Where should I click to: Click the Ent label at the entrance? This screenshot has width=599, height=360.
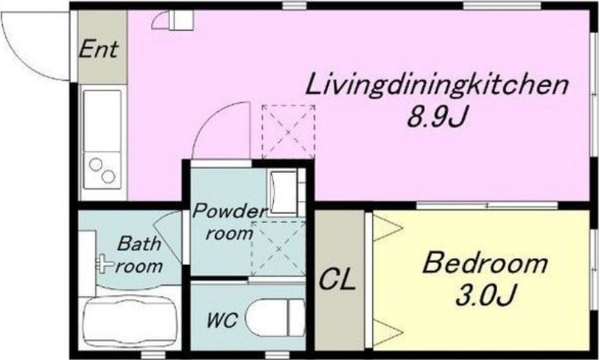pyautogui.click(x=99, y=49)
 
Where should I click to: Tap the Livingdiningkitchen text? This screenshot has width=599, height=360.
pyautogui.click(x=438, y=87)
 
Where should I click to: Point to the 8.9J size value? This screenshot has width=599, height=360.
pyautogui.click(x=437, y=117)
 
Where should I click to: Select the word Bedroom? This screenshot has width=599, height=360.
pyautogui.click(x=484, y=263)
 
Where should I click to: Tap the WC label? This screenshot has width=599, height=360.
pyautogui.click(x=222, y=320)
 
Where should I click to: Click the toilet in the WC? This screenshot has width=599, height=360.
pyautogui.click(x=275, y=317)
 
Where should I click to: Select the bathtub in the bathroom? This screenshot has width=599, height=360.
pyautogui.click(x=130, y=323)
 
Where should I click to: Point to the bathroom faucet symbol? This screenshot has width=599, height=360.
pyautogui.click(x=104, y=263)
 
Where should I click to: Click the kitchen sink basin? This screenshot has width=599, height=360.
pyautogui.click(x=102, y=120)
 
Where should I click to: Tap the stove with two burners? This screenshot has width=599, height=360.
pyautogui.click(x=102, y=170)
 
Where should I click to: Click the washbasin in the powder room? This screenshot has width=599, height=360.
pyautogui.click(x=284, y=192)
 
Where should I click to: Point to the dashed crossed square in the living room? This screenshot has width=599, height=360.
pyautogui.click(x=288, y=132)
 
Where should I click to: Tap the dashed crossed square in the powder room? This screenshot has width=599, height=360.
pyautogui.click(x=279, y=248)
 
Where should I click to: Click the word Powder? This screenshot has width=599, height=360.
pyautogui.click(x=228, y=211)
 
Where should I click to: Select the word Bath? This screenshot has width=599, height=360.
pyautogui.click(x=139, y=243)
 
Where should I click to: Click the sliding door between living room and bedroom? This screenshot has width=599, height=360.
pyautogui.click(x=487, y=205)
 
